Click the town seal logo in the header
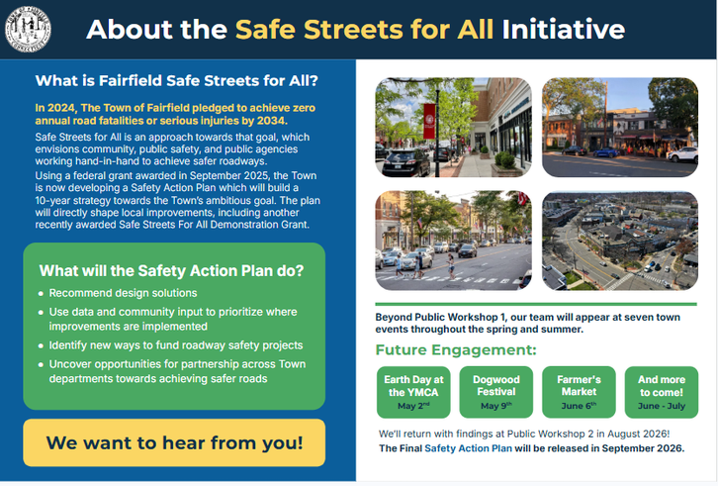(28, 29)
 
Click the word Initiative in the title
(564, 30)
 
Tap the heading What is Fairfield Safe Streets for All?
(176, 81)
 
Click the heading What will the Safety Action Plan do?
(171, 270)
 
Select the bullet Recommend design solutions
(123, 293)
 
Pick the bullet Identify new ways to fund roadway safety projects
(176, 345)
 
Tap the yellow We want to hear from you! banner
(174, 442)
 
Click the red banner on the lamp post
(429, 121)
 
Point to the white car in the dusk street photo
(682, 155)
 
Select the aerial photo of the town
(620, 241)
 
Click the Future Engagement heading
(456, 349)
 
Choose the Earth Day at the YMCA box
(413, 392)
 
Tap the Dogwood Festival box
(496, 392)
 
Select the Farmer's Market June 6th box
(579, 392)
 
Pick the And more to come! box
(662, 392)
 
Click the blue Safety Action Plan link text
(468, 448)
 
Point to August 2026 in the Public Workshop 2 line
(638, 434)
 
